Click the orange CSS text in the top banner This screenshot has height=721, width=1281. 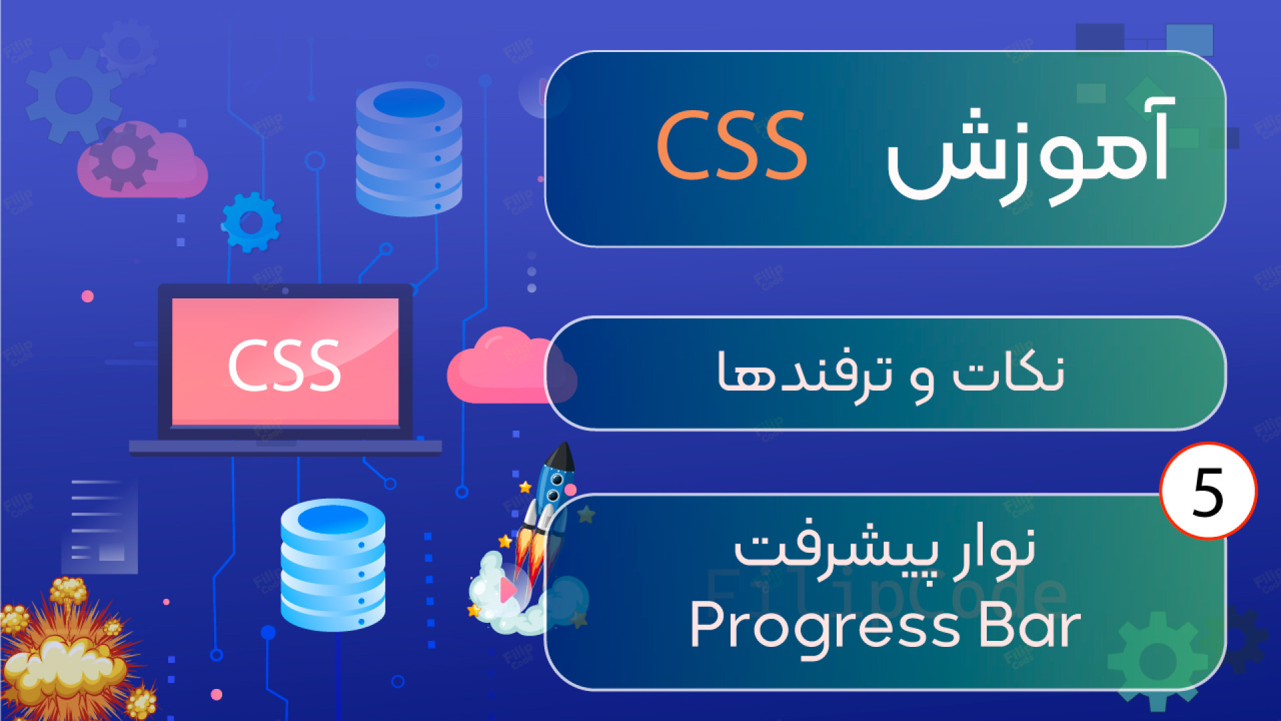click(732, 146)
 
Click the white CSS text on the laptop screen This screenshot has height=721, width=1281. click(285, 365)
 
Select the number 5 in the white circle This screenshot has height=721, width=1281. click(1208, 493)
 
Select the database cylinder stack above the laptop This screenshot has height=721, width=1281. click(409, 149)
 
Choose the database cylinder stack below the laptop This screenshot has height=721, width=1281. click(333, 565)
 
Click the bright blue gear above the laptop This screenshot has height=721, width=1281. click(251, 222)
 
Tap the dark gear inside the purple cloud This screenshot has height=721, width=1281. click(123, 158)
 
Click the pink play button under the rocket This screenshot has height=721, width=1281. click(508, 590)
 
